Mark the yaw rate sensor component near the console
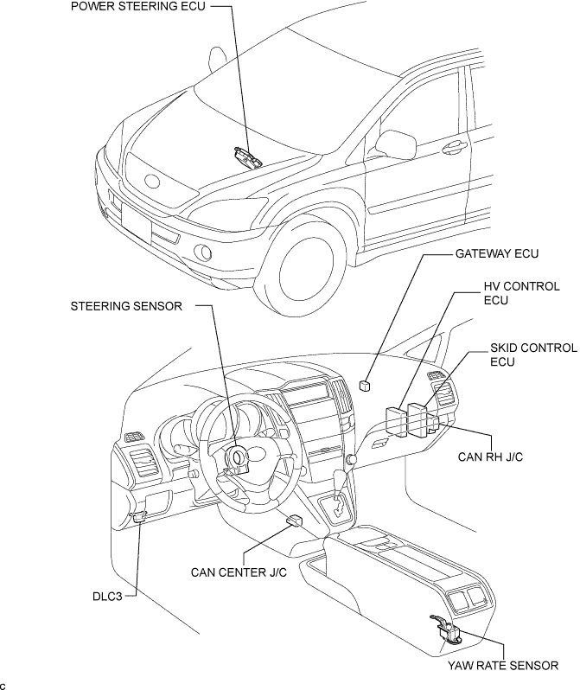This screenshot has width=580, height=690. coord(447,632)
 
